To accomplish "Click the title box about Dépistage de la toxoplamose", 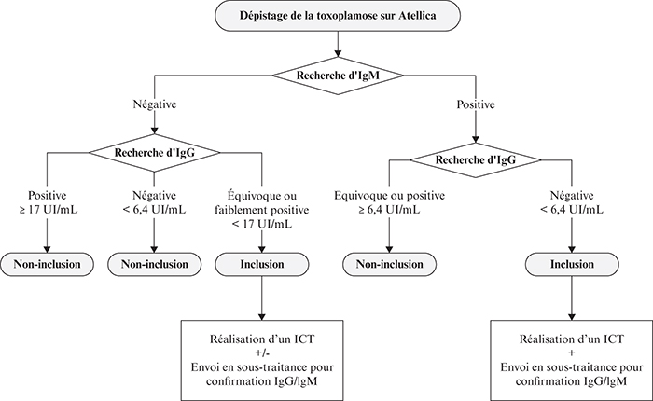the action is coord(338,16).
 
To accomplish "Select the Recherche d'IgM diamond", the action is coord(338,76).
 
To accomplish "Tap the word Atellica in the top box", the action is coord(417,16).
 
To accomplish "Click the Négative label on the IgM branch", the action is coord(155,104).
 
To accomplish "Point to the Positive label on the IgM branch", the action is coord(476,104).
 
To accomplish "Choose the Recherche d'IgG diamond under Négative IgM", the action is coord(155,153).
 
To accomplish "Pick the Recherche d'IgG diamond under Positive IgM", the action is coord(476,159).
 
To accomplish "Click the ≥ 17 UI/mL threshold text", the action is coord(48,210).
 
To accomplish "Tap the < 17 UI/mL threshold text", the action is coord(262,224).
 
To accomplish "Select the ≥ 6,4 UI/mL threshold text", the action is coord(390,210).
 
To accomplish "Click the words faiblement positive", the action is coord(262,210).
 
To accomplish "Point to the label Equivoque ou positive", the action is coord(390,195).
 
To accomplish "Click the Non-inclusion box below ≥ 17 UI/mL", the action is coord(47,265).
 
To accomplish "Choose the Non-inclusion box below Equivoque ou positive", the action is coord(390,265).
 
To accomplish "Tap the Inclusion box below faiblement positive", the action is coord(262,265).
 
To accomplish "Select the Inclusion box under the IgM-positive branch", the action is coord(572,265).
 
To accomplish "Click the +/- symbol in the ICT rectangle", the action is coord(262,353).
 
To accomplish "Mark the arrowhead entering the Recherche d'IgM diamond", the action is coord(338,53).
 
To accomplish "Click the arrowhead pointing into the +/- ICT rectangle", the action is coord(262,316).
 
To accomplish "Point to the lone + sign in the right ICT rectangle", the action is coord(572,353).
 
